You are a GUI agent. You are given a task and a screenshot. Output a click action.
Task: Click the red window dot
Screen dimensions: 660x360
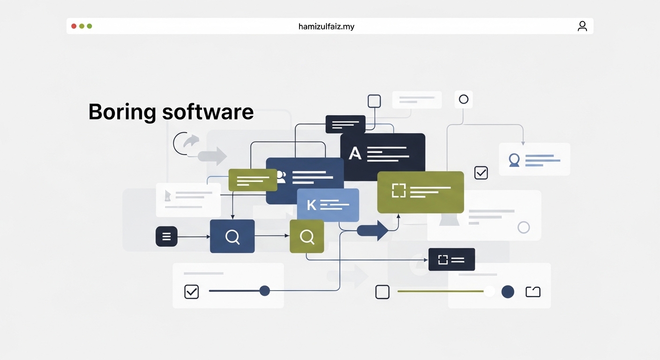point(74,26)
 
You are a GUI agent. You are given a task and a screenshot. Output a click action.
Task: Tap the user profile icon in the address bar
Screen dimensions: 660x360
point(582,26)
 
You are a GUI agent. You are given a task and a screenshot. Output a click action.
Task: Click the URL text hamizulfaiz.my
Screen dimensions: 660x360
point(326,27)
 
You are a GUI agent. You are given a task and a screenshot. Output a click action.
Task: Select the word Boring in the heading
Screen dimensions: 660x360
point(122,112)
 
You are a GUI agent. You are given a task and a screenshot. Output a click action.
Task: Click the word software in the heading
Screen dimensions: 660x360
point(208,112)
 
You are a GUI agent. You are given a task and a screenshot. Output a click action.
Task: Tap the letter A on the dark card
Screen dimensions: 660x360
point(355,153)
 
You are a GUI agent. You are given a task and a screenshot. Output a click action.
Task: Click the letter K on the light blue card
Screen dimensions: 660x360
point(311,205)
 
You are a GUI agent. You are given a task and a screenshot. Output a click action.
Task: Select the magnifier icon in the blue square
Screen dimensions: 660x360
point(232,237)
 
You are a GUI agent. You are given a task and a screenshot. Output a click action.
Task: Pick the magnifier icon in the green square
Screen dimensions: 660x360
point(307,237)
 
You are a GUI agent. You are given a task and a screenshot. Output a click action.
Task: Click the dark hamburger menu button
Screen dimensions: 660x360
point(166,236)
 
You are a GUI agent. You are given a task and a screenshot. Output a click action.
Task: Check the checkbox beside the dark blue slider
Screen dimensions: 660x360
point(192,292)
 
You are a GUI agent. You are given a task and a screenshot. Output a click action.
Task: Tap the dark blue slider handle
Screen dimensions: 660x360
point(264,291)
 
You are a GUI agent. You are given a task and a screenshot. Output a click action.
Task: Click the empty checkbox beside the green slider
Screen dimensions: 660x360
point(382,292)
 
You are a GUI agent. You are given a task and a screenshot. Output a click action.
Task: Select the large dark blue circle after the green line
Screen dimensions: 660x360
point(508,292)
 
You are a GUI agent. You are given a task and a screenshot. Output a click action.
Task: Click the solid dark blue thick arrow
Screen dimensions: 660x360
point(373,230)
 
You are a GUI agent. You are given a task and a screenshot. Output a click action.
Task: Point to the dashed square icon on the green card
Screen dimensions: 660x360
point(398,190)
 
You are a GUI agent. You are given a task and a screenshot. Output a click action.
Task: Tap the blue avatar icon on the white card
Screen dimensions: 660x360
point(514,160)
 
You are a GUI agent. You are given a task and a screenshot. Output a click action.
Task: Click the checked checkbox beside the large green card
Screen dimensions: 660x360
point(481,172)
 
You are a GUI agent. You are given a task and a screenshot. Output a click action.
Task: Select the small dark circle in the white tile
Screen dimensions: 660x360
point(464,99)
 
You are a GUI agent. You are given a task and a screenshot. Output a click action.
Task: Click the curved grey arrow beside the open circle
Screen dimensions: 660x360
point(191,140)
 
